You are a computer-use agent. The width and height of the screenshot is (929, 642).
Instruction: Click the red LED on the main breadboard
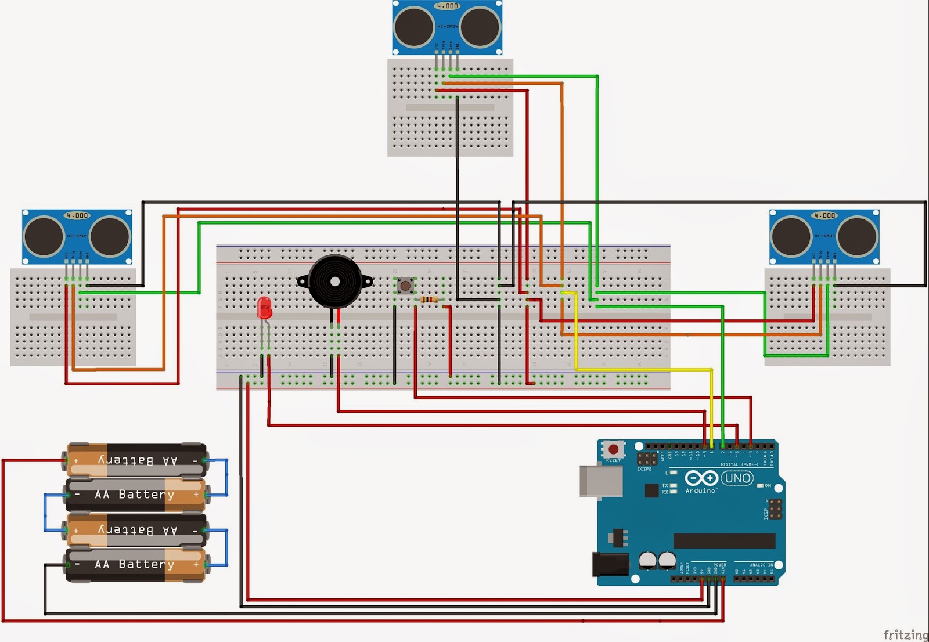(x=264, y=307)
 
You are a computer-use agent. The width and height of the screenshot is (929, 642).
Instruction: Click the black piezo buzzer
(x=334, y=282)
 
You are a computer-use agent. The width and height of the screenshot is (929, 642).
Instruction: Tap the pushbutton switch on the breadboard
(x=405, y=285)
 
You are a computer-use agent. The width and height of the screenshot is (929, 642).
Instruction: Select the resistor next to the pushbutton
(x=429, y=300)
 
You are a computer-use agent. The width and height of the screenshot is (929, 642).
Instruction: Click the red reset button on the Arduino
(x=613, y=449)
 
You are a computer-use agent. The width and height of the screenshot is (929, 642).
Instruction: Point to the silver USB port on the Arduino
(x=600, y=481)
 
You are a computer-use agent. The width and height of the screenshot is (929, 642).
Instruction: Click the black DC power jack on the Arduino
(x=610, y=564)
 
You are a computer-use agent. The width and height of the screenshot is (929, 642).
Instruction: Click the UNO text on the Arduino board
(x=737, y=478)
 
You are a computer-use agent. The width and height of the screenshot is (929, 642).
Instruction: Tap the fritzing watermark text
(x=905, y=634)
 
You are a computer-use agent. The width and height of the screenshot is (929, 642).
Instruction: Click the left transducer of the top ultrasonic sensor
(x=414, y=27)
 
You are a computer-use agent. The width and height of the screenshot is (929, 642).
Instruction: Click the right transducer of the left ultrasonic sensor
(x=110, y=236)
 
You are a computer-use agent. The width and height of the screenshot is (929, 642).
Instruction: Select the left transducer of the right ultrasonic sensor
(x=791, y=236)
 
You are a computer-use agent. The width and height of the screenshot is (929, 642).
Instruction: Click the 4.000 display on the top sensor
(x=447, y=6)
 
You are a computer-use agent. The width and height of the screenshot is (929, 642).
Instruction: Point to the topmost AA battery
(x=136, y=460)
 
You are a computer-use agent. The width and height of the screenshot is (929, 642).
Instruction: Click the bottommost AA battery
(x=136, y=564)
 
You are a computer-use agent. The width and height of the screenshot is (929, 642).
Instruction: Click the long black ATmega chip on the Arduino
(x=724, y=541)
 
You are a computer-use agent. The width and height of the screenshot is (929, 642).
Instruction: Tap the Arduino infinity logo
(x=701, y=478)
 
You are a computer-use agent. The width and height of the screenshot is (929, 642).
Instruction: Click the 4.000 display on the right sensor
(x=824, y=215)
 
